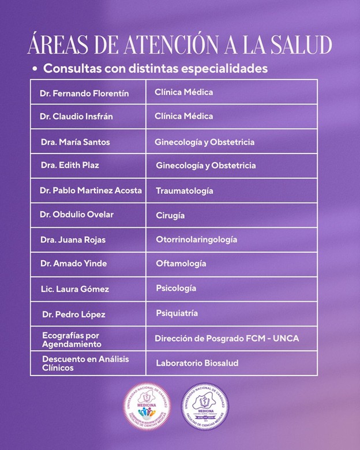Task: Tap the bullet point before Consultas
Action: click(x=35, y=69)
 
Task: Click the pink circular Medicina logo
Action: click(x=148, y=407)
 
